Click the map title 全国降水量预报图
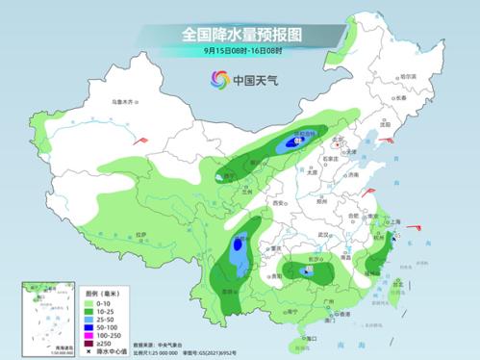coord(240,34)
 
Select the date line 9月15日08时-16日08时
coord(240,51)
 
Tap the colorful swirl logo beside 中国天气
coord(221,79)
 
